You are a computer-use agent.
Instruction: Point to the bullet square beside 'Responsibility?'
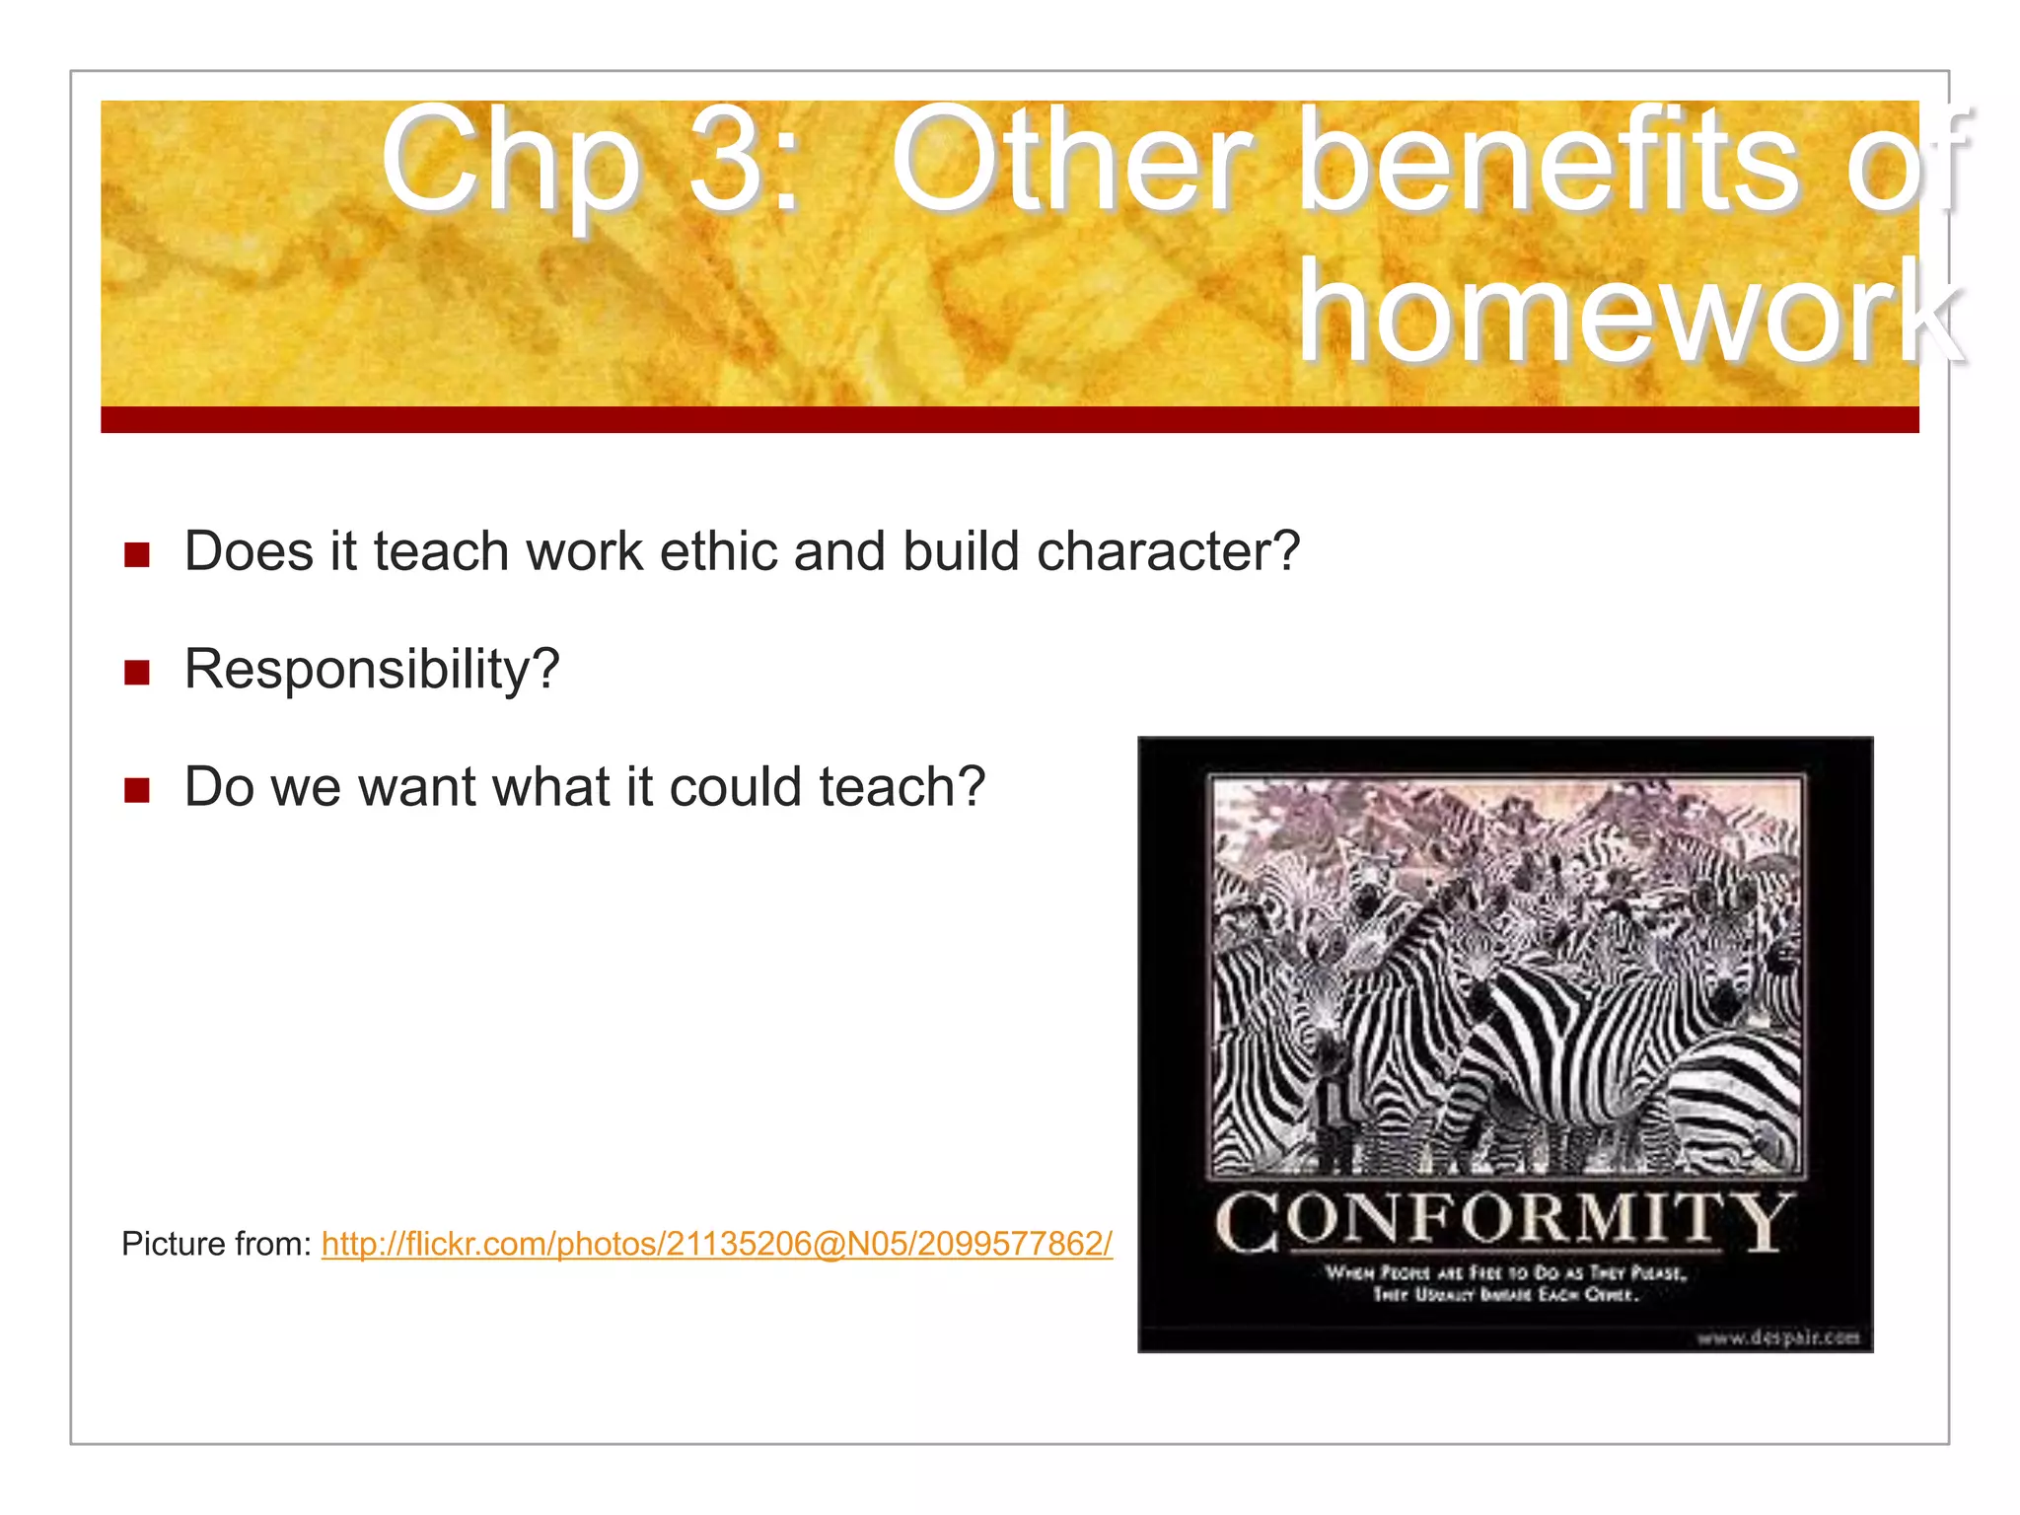137,673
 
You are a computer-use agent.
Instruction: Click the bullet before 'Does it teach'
137,554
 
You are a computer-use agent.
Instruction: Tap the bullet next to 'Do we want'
137,790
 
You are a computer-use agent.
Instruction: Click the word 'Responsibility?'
372,670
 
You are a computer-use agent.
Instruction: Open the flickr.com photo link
716,1244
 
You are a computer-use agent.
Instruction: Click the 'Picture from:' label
216,1244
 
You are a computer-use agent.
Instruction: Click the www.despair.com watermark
1777,1337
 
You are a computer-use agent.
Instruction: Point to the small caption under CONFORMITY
1505,1283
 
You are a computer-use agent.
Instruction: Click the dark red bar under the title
1009,419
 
